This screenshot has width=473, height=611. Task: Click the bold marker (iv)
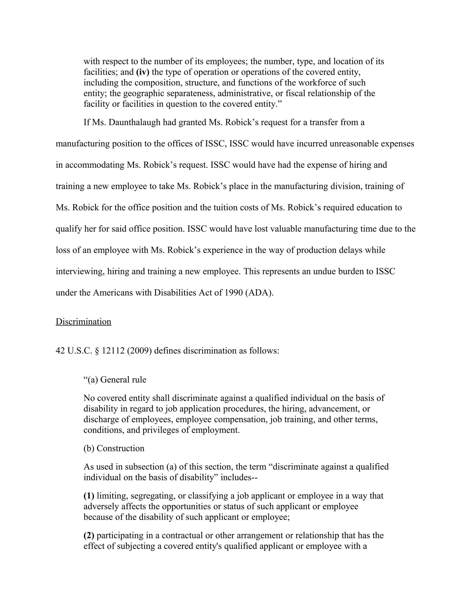pos(143,72)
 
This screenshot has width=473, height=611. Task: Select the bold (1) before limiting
pos(89,496)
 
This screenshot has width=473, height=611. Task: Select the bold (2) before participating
pos(89,535)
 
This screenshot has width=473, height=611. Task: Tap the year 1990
pos(233,293)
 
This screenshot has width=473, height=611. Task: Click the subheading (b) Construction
pos(114,448)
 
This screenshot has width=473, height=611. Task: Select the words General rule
pos(123,380)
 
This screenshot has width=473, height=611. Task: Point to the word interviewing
pos(80,272)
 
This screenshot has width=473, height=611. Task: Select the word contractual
pos(182,535)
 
